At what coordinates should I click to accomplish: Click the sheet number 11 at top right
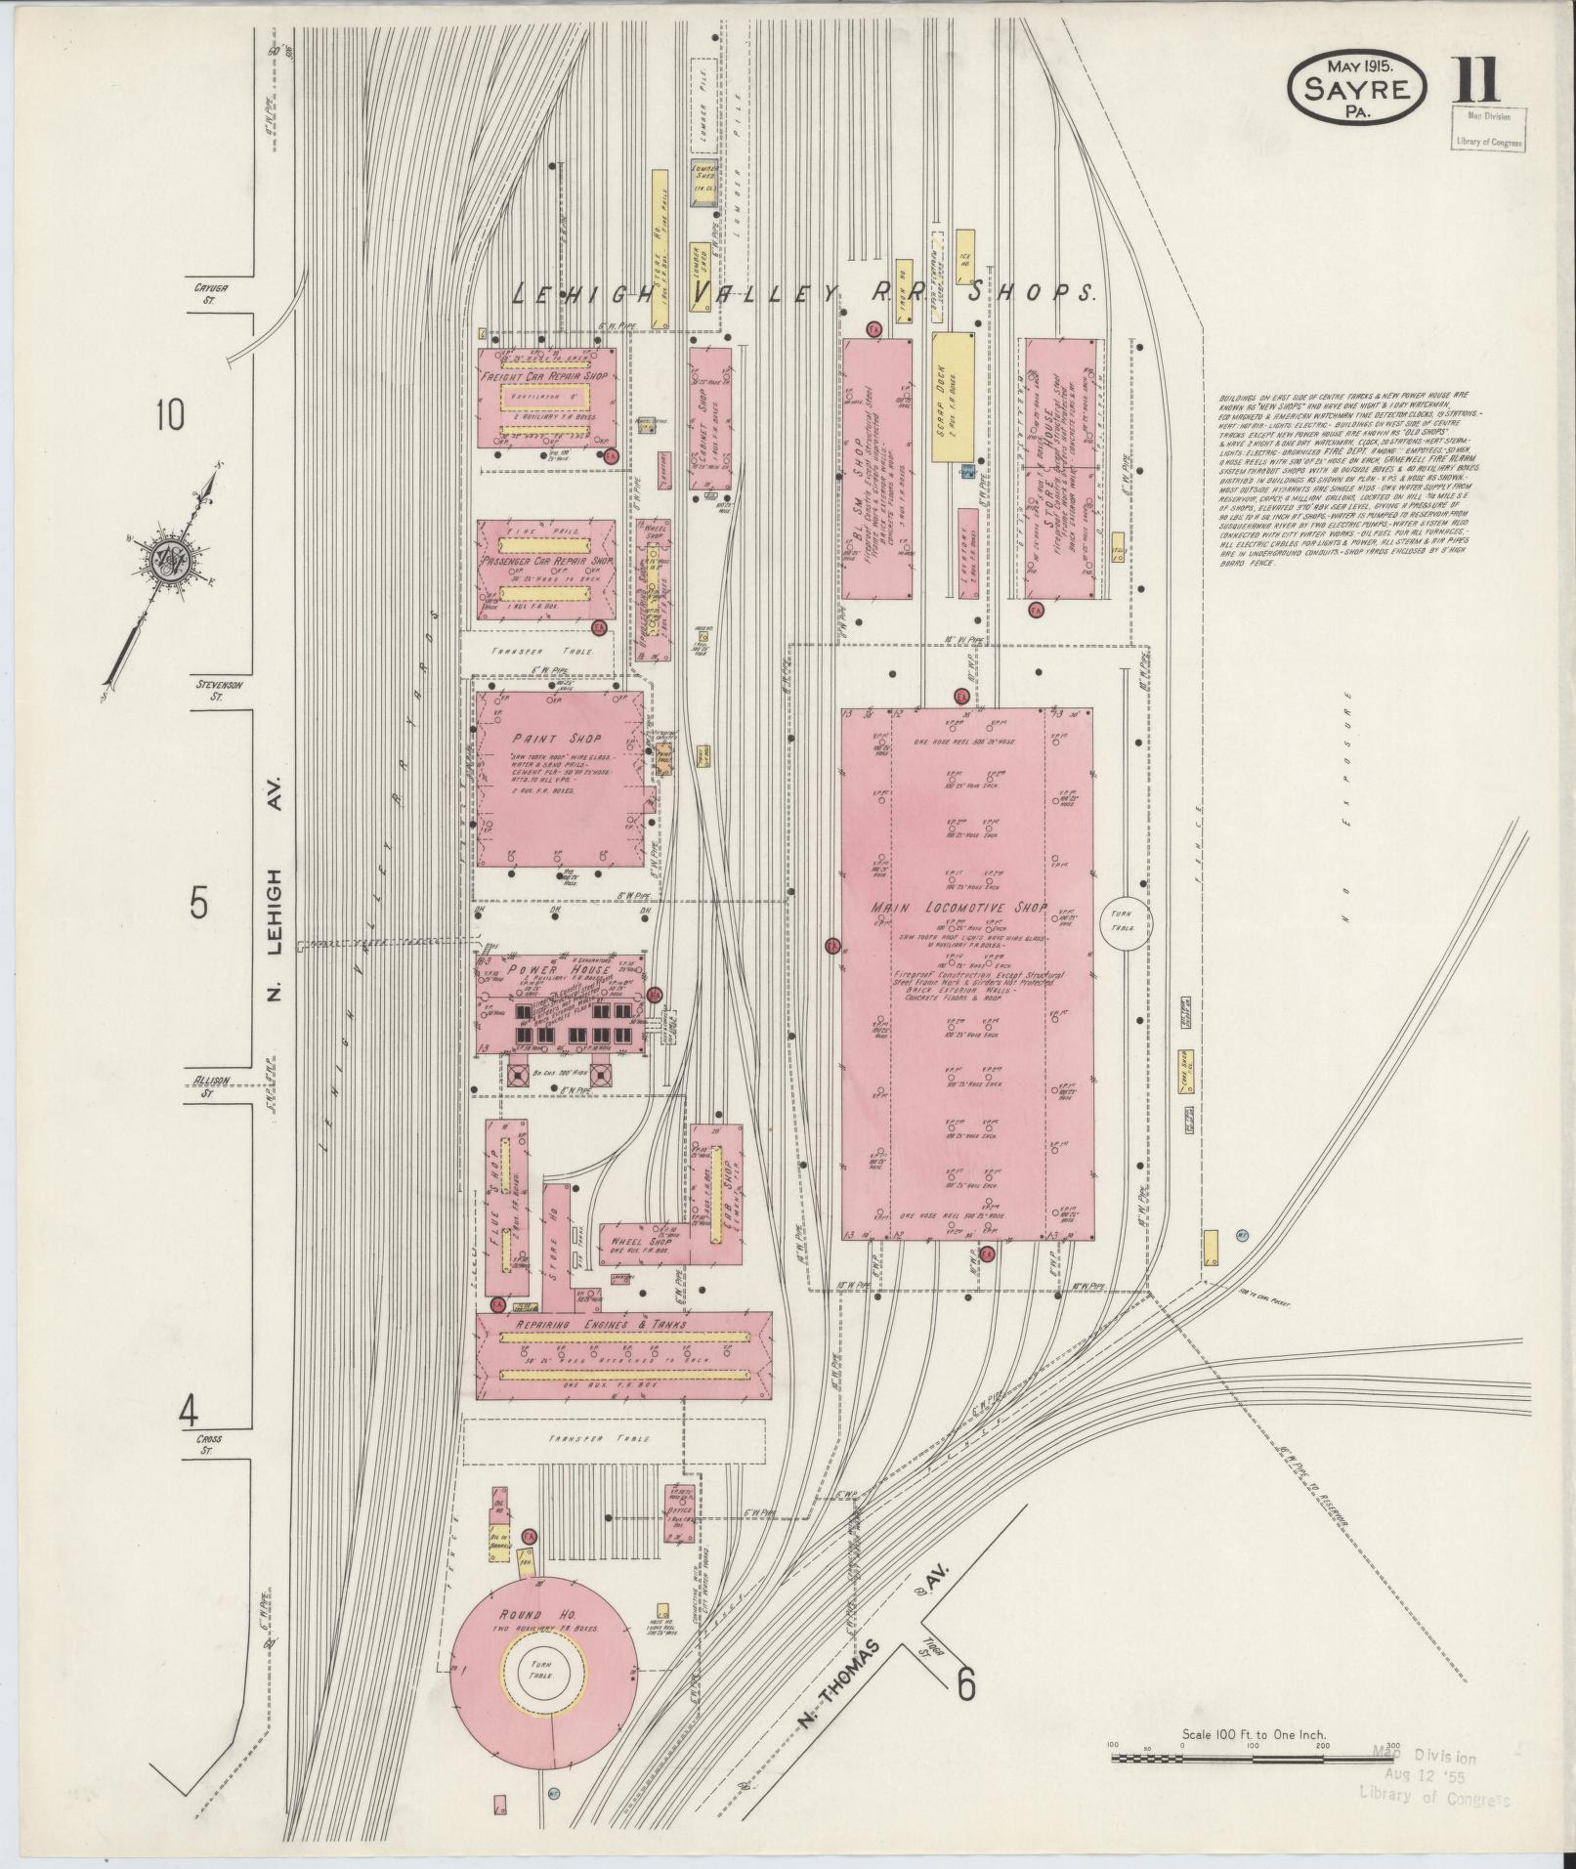(1475, 82)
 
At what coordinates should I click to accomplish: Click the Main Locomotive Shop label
(959, 909)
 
